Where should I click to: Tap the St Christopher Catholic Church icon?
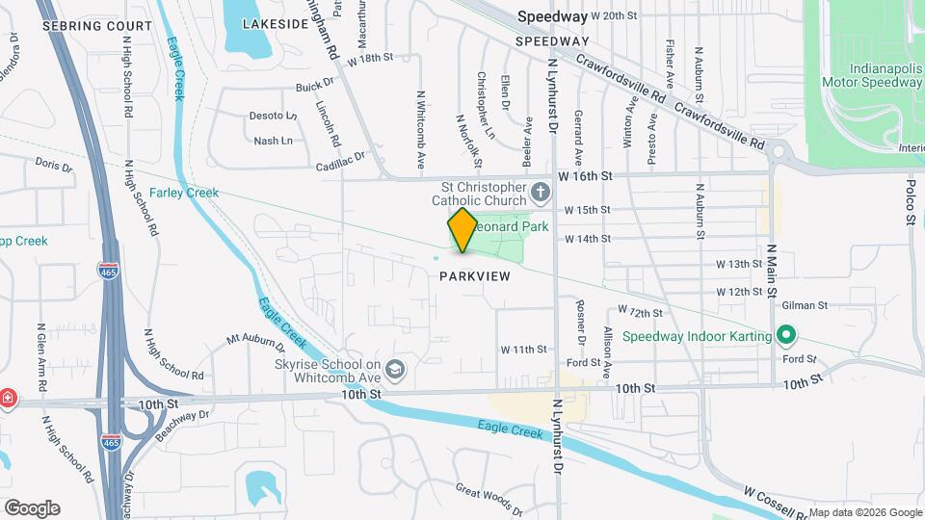(542, 191)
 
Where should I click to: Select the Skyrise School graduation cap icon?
(395, 370)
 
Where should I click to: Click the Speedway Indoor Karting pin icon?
(786, 336)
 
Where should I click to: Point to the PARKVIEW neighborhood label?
(474, 275)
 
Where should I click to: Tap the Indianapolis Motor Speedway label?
(872, 76)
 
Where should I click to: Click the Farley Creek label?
(183, 193)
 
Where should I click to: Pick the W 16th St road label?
(586, 177)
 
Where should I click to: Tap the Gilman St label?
(806, 305)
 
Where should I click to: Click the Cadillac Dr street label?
(341, 161)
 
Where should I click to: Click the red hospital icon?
(7, 399)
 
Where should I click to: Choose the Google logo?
(32, 507)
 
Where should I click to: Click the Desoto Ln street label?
(273, 116)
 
